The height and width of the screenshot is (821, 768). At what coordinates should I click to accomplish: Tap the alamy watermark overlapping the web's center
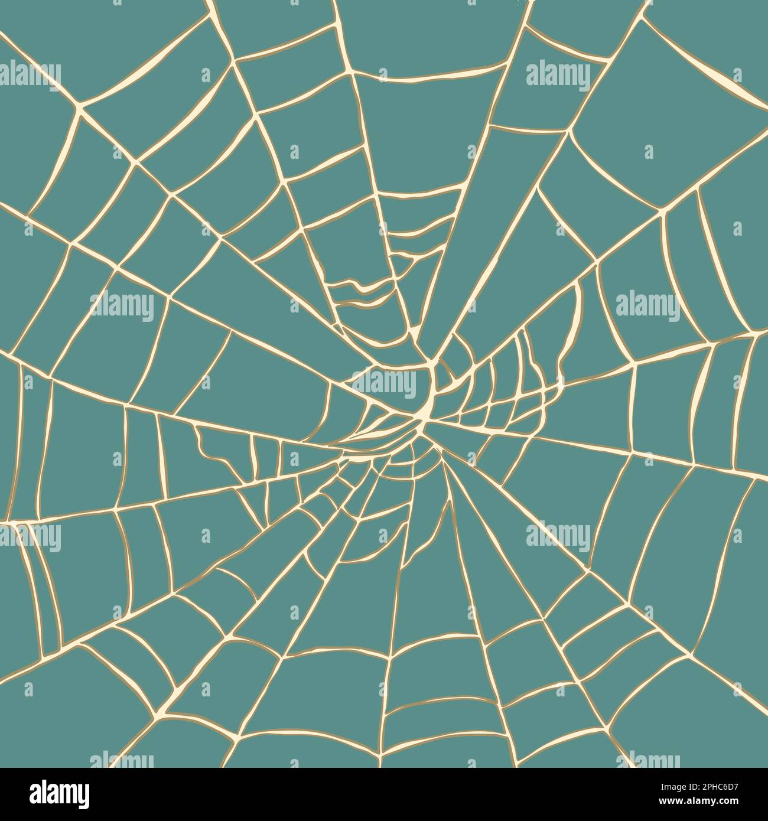click(385, 385)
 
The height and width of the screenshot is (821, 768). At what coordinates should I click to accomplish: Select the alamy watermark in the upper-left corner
click(30, 76)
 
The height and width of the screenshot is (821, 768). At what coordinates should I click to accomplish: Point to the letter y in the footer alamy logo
click(83, 796)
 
